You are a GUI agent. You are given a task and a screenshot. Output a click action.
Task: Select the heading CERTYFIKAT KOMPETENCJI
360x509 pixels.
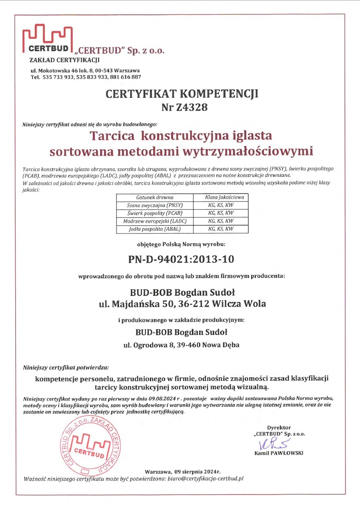click(182, 94)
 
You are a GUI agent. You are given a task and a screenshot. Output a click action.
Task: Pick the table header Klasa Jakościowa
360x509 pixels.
click(224, 197)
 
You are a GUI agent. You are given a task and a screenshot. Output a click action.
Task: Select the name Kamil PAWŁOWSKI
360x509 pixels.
click(279, 454)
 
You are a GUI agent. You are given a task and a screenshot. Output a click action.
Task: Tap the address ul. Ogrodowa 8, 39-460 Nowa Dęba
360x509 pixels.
click(181, 345)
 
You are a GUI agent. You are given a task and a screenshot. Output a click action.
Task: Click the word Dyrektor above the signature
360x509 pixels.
click(279, 427)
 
